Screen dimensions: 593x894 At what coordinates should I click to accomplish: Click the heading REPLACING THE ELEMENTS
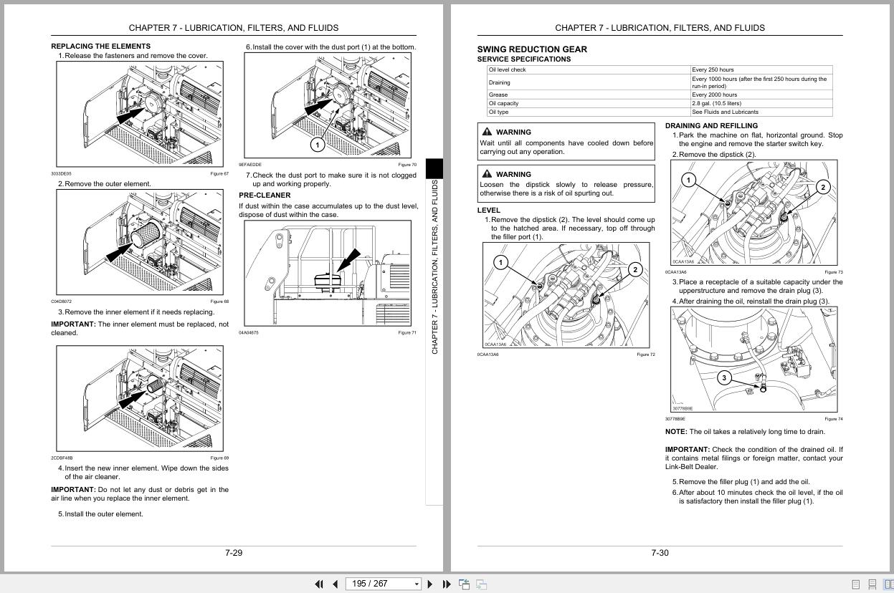point(100,46)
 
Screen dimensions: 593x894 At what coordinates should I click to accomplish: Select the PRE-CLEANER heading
point(265,195)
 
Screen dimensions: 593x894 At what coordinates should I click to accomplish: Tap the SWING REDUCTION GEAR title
point(532,49)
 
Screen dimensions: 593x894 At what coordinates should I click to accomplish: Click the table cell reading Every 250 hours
point(713,69)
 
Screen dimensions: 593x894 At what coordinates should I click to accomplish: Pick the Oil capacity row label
point(503,103)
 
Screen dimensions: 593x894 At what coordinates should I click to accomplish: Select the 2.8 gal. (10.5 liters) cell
point(716,103)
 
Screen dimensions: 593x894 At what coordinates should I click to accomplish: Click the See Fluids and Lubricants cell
point(725,112)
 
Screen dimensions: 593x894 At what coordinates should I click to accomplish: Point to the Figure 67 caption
point(219,173)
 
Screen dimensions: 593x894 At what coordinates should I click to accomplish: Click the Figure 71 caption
point(407,332)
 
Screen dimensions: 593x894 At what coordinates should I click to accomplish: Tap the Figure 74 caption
point(834,419)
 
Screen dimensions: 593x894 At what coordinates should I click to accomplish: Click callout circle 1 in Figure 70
point(317,145)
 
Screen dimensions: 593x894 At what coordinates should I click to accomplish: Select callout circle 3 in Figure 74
point(724,377)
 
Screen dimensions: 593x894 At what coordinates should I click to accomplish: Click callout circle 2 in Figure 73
point(822,188)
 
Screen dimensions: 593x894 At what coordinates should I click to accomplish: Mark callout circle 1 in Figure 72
point(500,262)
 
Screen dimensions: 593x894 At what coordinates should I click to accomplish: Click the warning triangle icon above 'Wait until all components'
point(488,132)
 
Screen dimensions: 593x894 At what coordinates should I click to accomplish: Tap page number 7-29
point(234,553)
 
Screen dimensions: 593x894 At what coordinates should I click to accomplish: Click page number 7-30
point(660,553)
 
